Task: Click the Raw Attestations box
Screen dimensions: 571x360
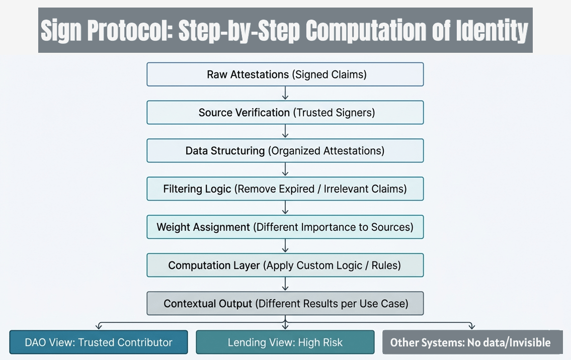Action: click(285, 74)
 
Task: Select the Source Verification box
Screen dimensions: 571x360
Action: click(285, 113)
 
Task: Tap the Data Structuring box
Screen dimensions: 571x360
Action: click(285, 151)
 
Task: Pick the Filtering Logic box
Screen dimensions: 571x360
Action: click(285, 189)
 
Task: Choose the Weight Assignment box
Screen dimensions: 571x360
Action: click(285, 227)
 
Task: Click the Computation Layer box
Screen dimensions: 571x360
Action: click(285, 265)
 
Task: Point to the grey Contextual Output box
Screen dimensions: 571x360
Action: click(285, 303)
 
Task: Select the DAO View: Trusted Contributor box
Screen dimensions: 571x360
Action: click(99, 342)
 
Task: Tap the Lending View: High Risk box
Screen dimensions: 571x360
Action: click(285, 342)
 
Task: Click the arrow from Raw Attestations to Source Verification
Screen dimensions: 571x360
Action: click(285, 94)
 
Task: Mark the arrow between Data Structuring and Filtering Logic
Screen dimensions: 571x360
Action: click(285, 170)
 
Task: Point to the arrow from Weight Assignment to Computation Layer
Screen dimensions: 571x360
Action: click(285, 246)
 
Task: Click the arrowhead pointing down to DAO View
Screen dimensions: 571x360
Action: click(99, 326)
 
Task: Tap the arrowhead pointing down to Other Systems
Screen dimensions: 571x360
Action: click(471, 326)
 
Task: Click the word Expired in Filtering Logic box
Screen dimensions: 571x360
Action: click(297, 189)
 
